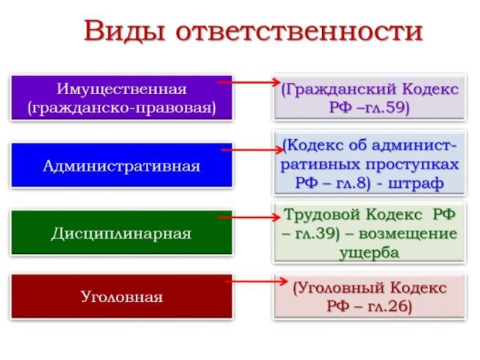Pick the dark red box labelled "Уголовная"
(x=121, y=296)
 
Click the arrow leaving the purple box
(x=246, y=82)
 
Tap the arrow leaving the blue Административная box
(x=249, y=149)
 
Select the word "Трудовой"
(x=319, y=214)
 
